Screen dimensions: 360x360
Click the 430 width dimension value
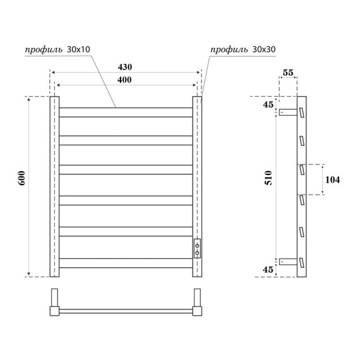(x=125, y=67)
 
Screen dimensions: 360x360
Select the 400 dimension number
(x=124, y=80)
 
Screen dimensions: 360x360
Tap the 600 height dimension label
(x=22, y=178)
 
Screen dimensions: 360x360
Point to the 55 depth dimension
(x=288, y=73)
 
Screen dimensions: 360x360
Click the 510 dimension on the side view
(x=268, y=177)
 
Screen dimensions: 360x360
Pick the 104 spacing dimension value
(x=332, y=179)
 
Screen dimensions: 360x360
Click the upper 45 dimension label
(x=268, y=105)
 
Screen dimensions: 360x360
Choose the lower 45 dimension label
(x=268, y=270)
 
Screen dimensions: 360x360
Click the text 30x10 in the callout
(x=78, y=49)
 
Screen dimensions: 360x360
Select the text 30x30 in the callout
(x=264, y=49)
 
